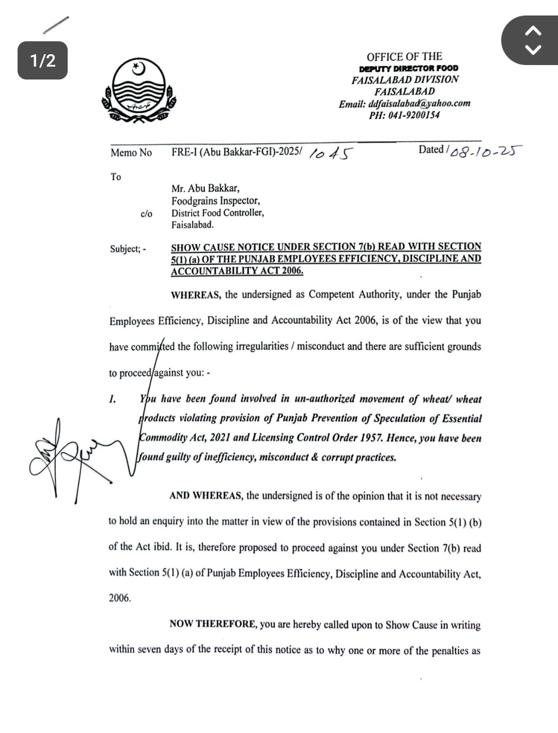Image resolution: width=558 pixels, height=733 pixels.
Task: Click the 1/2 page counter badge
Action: [x=43, y=60]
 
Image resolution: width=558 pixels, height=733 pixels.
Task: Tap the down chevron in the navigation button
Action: [x=533, y=50]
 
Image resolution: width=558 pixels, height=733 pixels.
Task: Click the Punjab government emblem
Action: [x=138, y=91]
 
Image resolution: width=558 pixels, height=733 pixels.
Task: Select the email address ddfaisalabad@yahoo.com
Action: [x=419, y=103]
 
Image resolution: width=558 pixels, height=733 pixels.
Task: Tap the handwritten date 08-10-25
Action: [x=485, y=151]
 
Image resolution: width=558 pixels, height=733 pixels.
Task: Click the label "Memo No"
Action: [x=131, y=152]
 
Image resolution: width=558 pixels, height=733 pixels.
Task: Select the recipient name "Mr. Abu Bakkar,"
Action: [x=206, y=188]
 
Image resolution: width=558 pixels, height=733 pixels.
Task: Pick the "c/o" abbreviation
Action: [x=146, y=213]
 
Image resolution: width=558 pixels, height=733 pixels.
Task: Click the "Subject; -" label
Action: [x=128, y=249]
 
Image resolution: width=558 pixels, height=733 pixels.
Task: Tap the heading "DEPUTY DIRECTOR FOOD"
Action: [x=409, y=68]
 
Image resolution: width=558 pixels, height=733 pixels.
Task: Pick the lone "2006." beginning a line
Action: [x=120, y=598]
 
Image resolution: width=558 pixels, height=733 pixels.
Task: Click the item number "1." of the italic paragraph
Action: [x=113, y=399]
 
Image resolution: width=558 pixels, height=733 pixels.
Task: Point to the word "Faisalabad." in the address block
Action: [x=193, y=225]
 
